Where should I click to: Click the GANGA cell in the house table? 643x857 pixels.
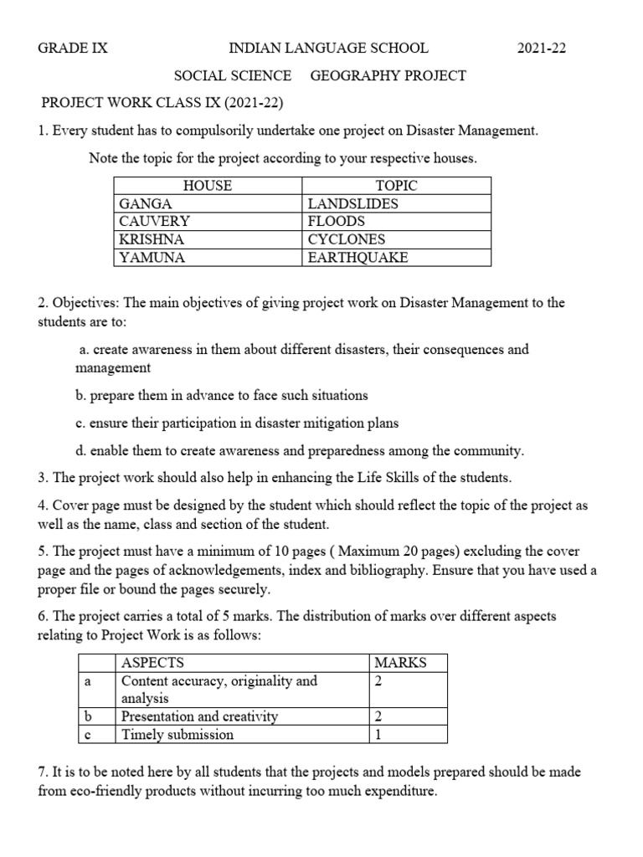[x=146, y=203]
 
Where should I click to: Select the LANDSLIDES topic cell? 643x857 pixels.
[x=352, y=203]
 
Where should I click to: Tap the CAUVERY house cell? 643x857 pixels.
[x=155, y=222]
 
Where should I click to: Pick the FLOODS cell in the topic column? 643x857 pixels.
[x=337, y=222]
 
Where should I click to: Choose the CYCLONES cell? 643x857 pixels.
[x=346, y=239]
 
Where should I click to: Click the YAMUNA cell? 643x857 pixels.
[x=152, y=258]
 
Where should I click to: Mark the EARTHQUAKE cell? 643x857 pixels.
[x=358, y=258]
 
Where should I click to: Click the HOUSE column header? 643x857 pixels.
[x=207, y=186]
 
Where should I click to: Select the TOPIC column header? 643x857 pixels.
[x=396, y=186]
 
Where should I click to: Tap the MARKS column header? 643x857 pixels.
[x=400, y=663]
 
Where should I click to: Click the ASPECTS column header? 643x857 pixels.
[x=152, y=663]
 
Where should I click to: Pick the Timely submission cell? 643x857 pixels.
[x=177, y=735]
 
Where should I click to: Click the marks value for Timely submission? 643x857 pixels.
[x=378, y=735]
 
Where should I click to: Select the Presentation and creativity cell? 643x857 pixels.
[x=199, y=716]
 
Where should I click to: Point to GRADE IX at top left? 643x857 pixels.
[x=73, y=49]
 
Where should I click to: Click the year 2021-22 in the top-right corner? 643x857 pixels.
[x=541, y=49]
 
